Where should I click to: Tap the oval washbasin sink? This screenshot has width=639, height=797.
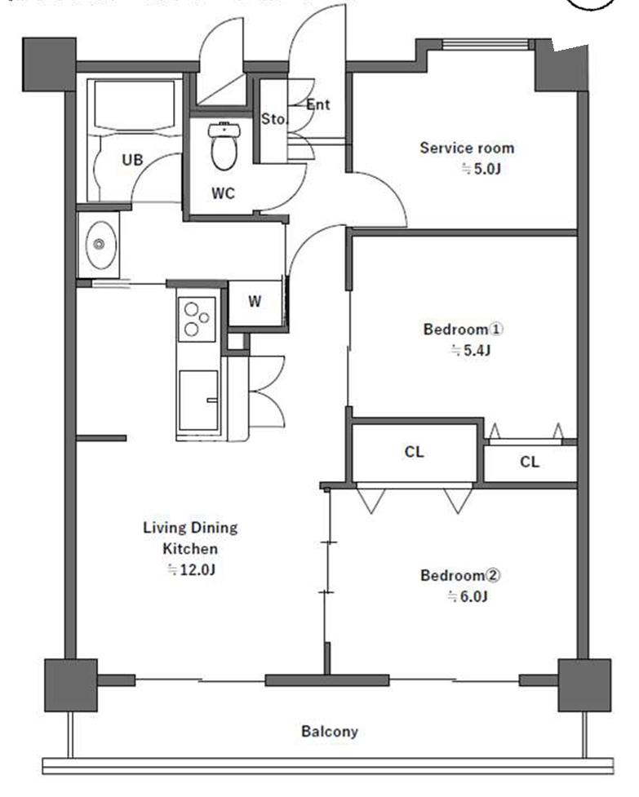point(100,245)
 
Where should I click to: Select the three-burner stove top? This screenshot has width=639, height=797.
point(196,319)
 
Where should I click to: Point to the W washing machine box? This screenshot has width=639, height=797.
point(255,303)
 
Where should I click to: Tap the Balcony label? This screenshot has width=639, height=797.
point(330,732)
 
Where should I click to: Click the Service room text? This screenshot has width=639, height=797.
point(467,148)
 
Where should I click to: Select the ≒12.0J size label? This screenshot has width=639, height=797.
point(191,569)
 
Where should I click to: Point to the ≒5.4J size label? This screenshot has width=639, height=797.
point(470,350)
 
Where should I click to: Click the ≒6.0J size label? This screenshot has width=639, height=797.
point(467,596)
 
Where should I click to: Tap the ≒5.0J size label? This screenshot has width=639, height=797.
point(481,168)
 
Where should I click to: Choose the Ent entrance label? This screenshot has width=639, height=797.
point(318,104)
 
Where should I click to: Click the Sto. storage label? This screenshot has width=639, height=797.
point(273,119)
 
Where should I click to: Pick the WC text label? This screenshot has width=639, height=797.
point(223,193)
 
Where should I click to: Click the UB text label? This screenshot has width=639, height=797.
point(132,160)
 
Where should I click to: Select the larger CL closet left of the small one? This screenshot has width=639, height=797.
point(415,452)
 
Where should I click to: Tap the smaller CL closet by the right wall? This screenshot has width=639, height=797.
point(530,462)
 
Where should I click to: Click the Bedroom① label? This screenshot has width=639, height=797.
point(463,329)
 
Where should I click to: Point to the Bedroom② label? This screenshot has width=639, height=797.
point(460,575)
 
